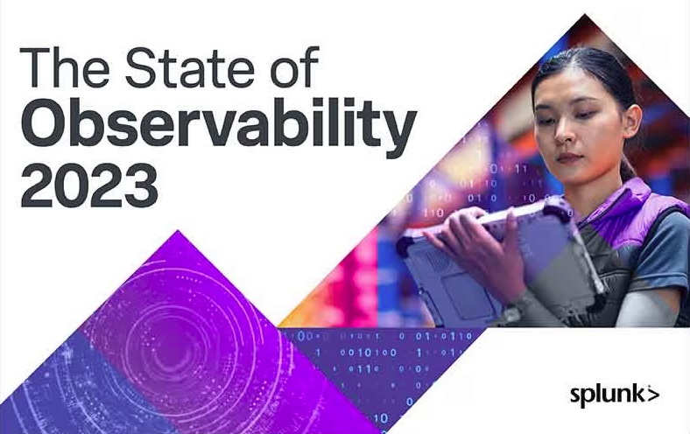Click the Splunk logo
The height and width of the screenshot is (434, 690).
pos(615,395)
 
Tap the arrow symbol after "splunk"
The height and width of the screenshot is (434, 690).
pos(653,395)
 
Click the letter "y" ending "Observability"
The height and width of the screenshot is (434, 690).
pos(398,132)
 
